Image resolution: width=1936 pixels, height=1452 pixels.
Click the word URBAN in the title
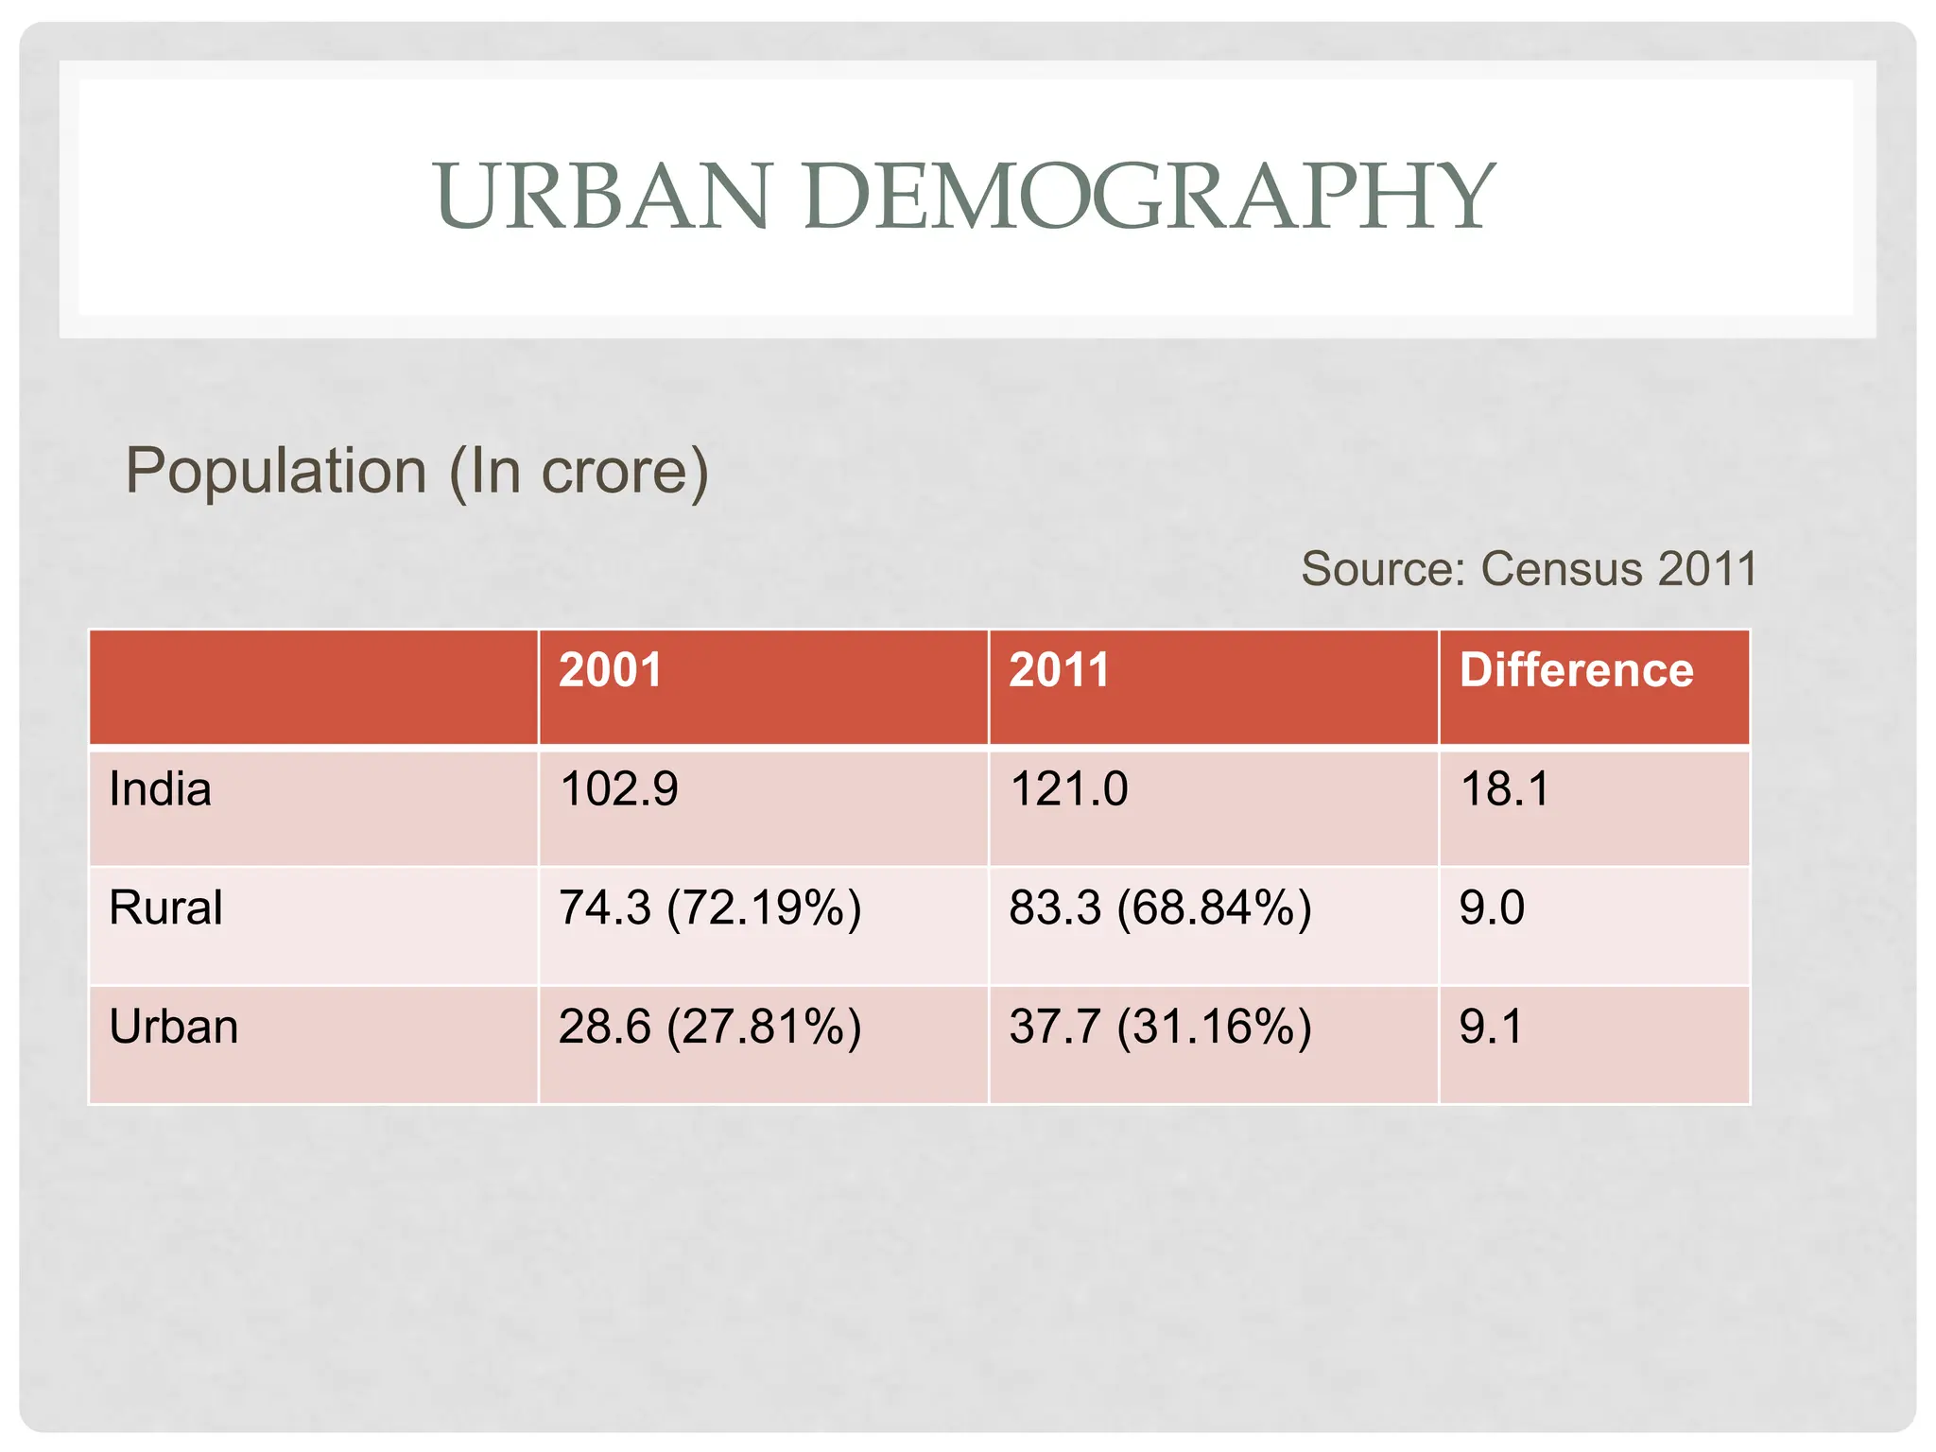601,196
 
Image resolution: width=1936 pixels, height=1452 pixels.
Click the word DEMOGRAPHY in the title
1148,196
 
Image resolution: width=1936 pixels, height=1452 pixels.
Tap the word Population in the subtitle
276,471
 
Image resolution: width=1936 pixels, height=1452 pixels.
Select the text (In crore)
578,471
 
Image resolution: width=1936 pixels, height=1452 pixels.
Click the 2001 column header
610,670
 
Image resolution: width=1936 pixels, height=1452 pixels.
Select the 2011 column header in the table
1059,670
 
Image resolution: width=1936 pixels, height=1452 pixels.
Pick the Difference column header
1576,670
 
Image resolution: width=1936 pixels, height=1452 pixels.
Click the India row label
160,789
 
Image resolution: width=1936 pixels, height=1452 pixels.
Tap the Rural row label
165,907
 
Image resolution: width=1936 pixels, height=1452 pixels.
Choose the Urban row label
173,1027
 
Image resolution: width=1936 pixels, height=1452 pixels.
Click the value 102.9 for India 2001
618,789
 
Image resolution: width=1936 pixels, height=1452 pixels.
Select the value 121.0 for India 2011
1068,789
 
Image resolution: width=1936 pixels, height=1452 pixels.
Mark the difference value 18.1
1505,789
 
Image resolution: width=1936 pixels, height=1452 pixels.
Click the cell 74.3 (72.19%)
709,907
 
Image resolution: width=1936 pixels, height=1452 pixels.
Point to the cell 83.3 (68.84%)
1160,907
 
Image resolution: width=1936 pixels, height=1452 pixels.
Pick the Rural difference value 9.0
1492,907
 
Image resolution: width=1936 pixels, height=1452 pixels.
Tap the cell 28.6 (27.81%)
709,1027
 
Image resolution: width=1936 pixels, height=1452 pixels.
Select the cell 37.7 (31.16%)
1160,1027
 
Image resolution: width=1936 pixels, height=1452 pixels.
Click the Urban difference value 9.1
1491,1027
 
